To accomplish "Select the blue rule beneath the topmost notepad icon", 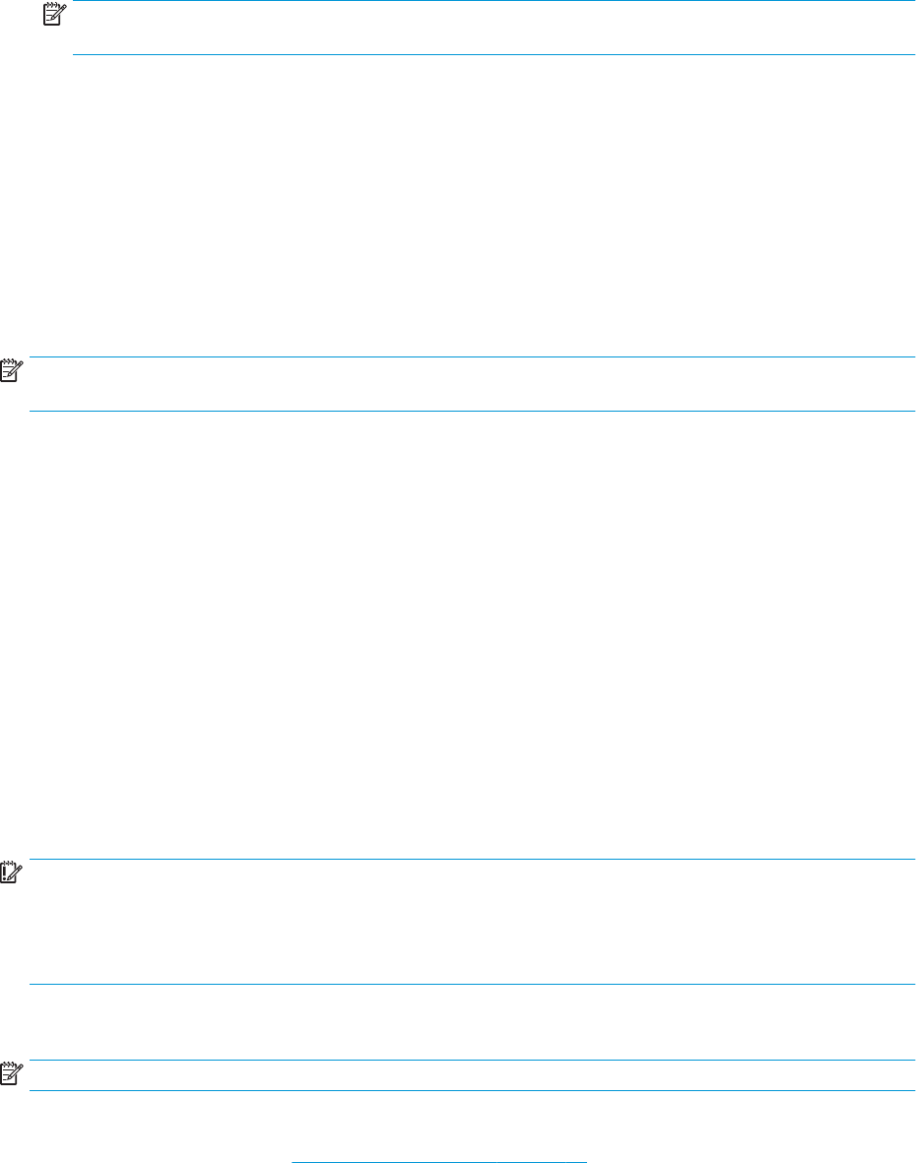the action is [x=492, y=54].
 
